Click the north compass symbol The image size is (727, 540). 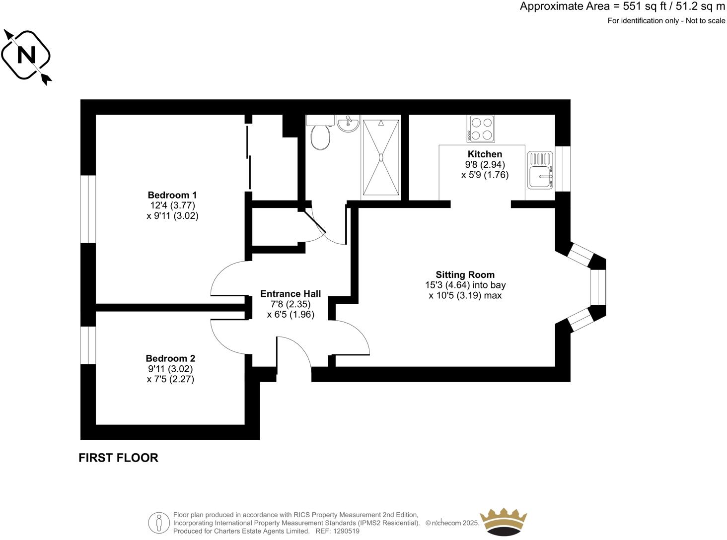point(27,56)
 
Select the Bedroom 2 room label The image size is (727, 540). point(170,358)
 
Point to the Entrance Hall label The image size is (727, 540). point(291,294)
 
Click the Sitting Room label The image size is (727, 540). point(465,275)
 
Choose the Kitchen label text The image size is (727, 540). point(485,154)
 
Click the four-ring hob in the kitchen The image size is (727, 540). point(481,129)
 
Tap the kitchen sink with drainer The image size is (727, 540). point(540,170)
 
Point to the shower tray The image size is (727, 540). point(381,157)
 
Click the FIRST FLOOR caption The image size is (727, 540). point(118,458)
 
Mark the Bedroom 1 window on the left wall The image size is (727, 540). point(88,209)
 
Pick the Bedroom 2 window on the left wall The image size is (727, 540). point(88,345)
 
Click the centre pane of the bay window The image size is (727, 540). point(598,287)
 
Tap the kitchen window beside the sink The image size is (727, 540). point(563,169)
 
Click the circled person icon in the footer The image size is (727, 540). point(158,523)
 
